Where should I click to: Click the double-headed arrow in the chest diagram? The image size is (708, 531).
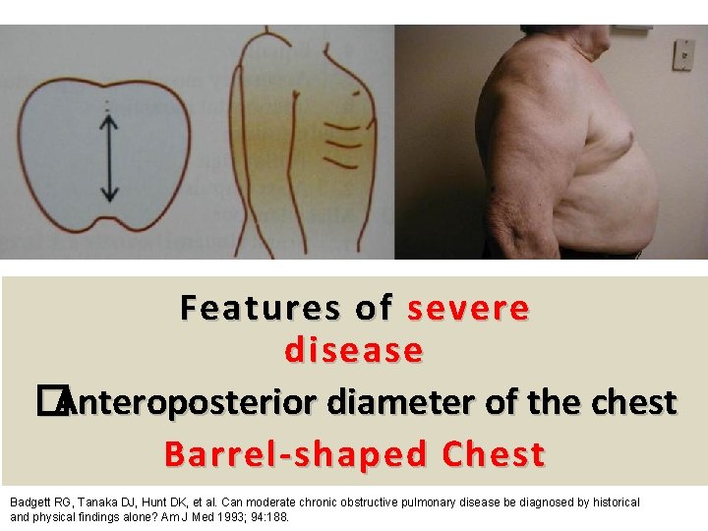click(109, 158)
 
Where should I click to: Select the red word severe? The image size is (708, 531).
click(468, 309)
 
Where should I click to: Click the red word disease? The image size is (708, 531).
click(354, 350)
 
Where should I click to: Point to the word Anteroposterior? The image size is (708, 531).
click(186, 402)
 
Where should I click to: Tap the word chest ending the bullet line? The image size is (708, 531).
click(632, 402)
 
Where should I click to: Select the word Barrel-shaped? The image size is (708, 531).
click(298, 454)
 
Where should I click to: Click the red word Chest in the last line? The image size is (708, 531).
click(494, 454)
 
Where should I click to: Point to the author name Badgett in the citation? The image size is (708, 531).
click(31, 502)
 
